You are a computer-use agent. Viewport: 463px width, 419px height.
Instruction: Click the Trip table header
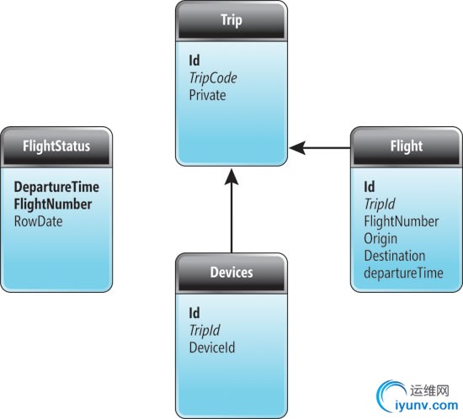231,20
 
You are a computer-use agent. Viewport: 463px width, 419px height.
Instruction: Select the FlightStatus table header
56,146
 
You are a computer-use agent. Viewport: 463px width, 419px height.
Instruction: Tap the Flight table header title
407,146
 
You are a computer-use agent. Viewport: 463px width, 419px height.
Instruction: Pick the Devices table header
231,272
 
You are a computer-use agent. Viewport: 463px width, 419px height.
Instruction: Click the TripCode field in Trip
213,78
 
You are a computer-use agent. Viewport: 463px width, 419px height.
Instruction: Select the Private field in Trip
207,95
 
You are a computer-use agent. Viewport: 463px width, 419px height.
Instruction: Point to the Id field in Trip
194,61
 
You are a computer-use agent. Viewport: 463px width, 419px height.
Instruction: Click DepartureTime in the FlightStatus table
56,187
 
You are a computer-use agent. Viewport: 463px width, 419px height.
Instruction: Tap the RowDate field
39,221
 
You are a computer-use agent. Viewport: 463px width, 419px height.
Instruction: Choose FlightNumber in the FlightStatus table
53,204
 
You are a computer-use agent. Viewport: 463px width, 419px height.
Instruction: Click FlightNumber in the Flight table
402,221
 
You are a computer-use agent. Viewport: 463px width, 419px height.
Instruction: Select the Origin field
381,239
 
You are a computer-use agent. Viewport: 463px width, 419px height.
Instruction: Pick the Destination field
395,256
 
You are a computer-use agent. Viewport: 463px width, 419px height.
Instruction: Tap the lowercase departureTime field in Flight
403,273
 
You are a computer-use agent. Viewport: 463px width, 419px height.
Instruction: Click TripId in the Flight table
380,204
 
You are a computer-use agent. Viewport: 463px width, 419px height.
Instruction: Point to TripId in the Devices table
205,330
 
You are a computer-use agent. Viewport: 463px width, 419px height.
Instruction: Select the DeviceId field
212,347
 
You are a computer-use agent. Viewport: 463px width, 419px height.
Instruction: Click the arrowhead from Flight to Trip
297,147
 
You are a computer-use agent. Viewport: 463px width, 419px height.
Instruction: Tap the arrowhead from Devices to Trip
231,177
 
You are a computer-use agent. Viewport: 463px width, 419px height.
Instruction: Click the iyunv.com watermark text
427,406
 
